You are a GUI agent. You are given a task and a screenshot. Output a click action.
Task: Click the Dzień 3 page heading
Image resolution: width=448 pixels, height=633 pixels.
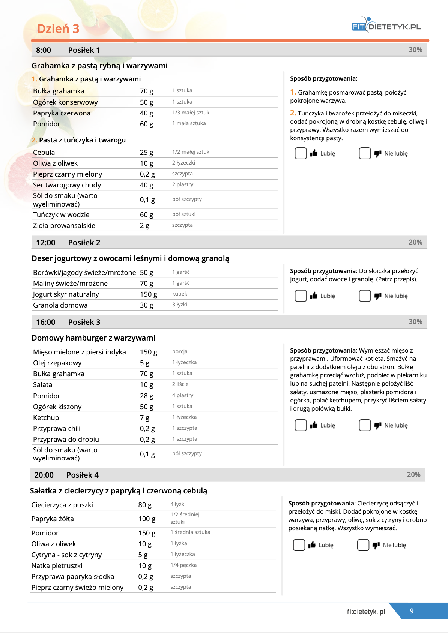click(x=58, y=29)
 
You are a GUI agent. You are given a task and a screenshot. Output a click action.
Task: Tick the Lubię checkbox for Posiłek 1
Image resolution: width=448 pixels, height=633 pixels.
click(x=301, y=153)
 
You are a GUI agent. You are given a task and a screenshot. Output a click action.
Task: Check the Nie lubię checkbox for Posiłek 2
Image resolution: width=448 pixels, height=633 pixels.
click(x=365, y=296)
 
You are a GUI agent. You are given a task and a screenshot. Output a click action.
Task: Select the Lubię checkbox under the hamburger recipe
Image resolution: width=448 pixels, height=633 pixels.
click(x=301, y=425)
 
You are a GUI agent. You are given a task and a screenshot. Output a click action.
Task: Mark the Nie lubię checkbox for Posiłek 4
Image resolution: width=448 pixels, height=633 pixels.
click(x=363, y=545)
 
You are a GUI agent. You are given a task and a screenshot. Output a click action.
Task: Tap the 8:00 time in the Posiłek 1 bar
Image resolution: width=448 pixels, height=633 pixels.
click(x=44, y=50)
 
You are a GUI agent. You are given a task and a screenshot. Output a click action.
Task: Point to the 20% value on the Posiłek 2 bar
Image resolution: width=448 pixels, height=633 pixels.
click(x=415, y=242)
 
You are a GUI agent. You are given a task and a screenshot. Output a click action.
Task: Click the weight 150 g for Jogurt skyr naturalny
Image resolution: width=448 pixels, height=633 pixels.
click(x=148, y=294)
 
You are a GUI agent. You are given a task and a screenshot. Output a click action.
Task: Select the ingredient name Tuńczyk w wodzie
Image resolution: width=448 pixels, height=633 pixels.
click(x=61, y=215)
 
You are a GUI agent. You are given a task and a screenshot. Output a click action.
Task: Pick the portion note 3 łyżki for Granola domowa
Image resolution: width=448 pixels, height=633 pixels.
click(x=179, y=304)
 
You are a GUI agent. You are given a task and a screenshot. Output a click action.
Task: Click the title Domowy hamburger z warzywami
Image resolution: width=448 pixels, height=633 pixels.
click(x=93, y=338)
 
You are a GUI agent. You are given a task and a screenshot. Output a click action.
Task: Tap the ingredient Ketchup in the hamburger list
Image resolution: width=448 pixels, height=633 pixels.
click(x=46, y=418)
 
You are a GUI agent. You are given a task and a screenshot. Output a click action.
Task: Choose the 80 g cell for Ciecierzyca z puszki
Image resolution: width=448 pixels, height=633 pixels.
click(x=145, y=505)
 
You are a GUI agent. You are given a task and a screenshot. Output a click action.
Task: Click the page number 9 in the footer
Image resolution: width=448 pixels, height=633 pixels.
click(x=412, y=611)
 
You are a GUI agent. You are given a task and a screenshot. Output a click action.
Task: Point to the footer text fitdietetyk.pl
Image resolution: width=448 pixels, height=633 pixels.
click(x=366, y=612)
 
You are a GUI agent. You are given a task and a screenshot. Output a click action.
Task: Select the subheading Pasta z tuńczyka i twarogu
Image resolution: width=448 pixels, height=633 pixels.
click(x=82, y=140)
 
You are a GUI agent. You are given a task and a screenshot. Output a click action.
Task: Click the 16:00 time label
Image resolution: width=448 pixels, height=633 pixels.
click(x=45, y=322)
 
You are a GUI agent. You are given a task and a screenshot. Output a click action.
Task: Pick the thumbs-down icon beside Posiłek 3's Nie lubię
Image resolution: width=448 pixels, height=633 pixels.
click(x=377, y=425)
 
